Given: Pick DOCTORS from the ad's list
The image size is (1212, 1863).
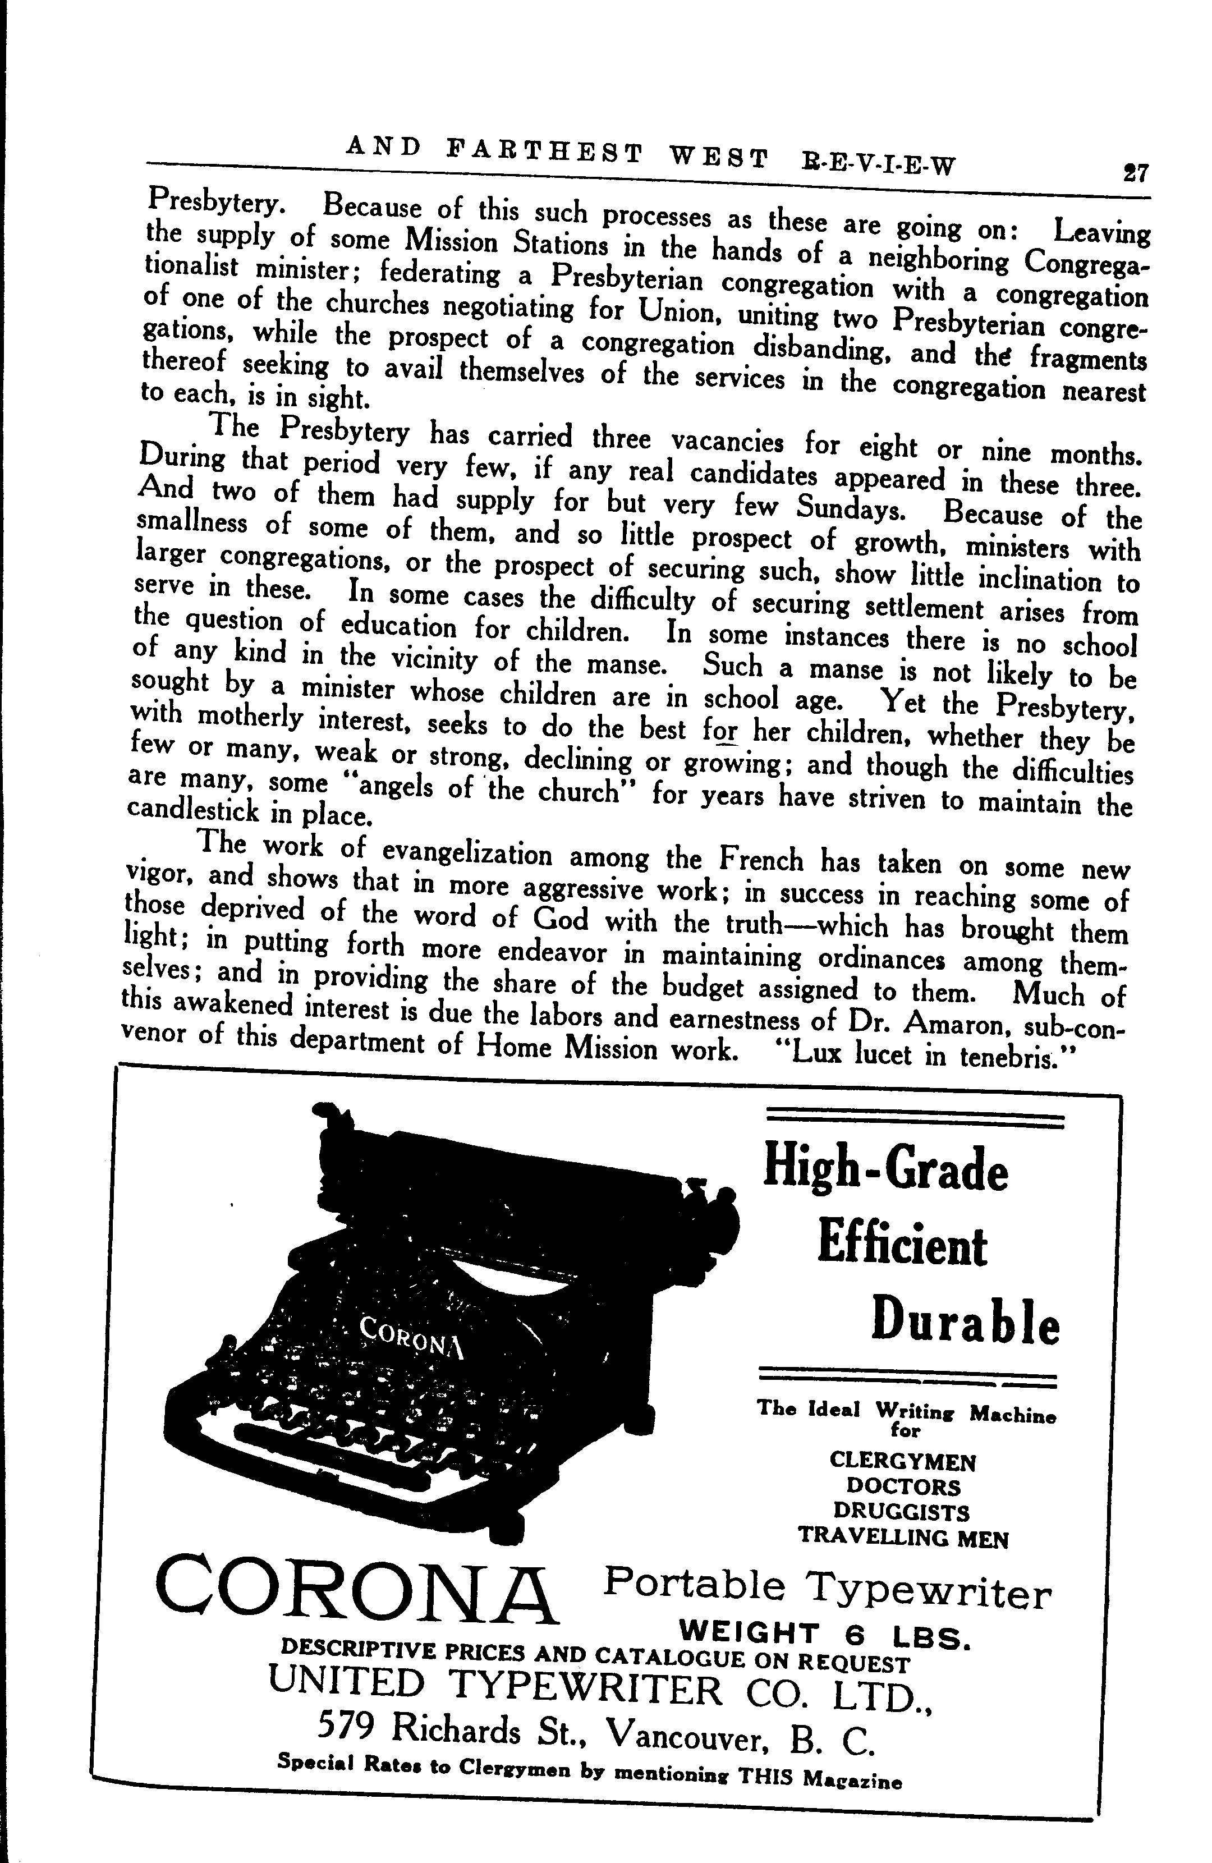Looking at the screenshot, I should (903, 1486).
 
